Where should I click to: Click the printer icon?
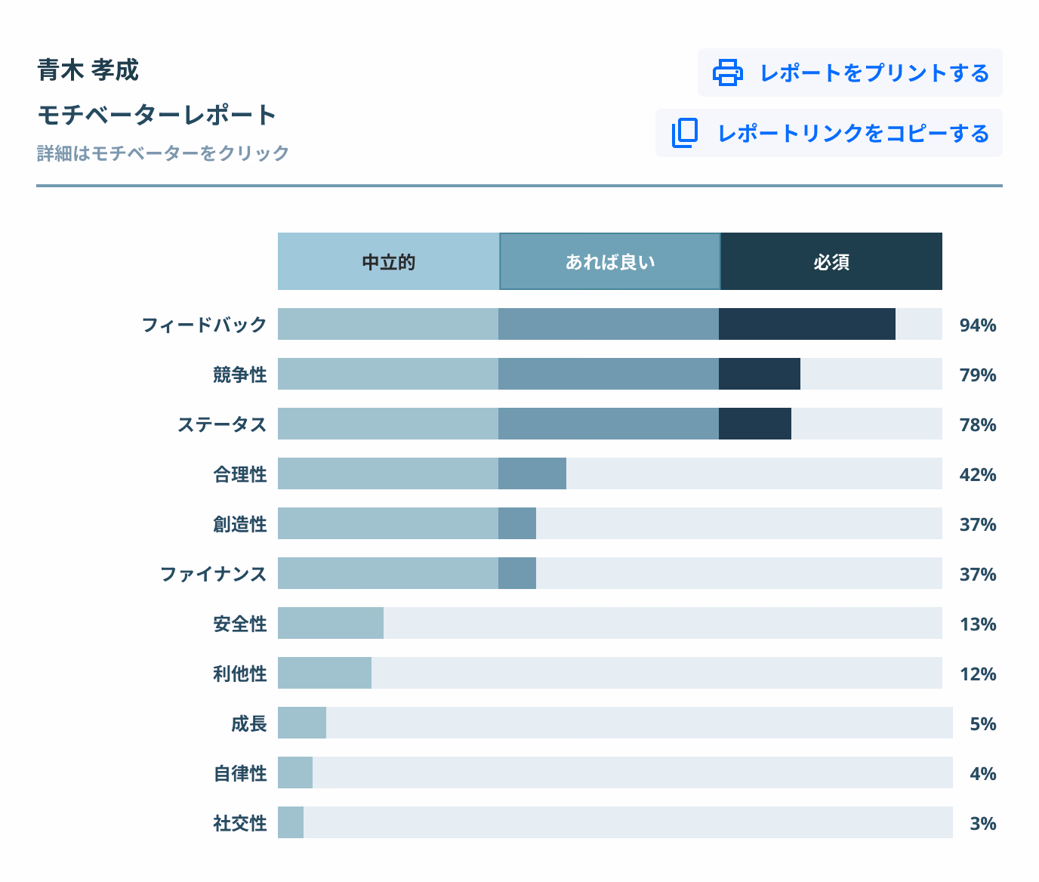coord(727,72)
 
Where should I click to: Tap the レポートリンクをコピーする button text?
coord(853,134)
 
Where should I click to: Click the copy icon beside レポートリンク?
coord(685,133)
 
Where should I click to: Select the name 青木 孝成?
coord(88,70)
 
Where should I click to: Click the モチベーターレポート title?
coord(157,115)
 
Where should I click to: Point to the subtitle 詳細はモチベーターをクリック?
coord(163,153)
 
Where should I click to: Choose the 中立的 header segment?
coord(388,262)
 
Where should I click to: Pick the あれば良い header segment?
coord(610,262)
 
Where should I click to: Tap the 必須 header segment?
coord(831,262)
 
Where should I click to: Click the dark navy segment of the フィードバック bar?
coord(806,324)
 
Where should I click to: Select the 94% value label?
coord(978,325)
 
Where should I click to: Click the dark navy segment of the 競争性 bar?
coord(759,374)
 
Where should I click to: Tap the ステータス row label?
coord(222,424)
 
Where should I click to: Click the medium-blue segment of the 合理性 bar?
coord(532,473)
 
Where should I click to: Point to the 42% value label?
coord(978,475)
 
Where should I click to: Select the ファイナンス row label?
coord(214,574)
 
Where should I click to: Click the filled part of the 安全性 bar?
coord(330,623)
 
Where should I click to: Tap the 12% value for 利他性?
coord(978,674)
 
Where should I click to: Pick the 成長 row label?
coord(248,723)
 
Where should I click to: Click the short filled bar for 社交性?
coord(291,822)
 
